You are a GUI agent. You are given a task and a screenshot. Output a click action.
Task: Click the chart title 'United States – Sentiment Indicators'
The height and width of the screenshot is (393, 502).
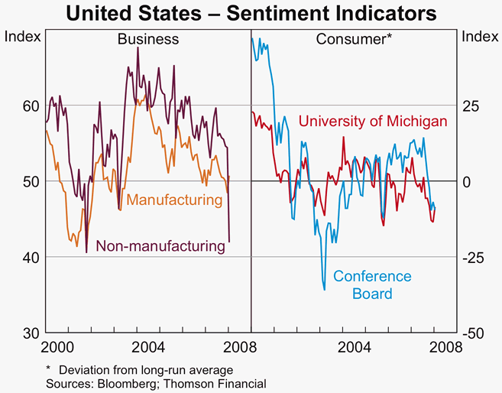pos(251,13)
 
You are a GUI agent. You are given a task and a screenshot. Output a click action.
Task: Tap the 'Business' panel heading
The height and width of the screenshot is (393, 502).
pos(147,39)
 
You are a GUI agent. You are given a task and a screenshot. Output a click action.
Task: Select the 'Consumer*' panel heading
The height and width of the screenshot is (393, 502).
pos(354,39)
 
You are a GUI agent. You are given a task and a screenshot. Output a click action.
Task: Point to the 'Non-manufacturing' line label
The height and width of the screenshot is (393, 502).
pos(160,246)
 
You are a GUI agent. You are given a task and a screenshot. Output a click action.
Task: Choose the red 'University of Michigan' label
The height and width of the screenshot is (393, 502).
pos(372,122)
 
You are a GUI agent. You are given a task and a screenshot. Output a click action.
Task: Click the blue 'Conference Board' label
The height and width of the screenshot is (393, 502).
pos(373,284)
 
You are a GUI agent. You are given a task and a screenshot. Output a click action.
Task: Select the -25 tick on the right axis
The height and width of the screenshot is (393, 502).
pos(474,257)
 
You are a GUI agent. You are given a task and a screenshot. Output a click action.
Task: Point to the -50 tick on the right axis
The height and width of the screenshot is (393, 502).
pos(474,333)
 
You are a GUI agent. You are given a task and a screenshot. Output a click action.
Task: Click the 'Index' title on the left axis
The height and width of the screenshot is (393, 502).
pos(23,36)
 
